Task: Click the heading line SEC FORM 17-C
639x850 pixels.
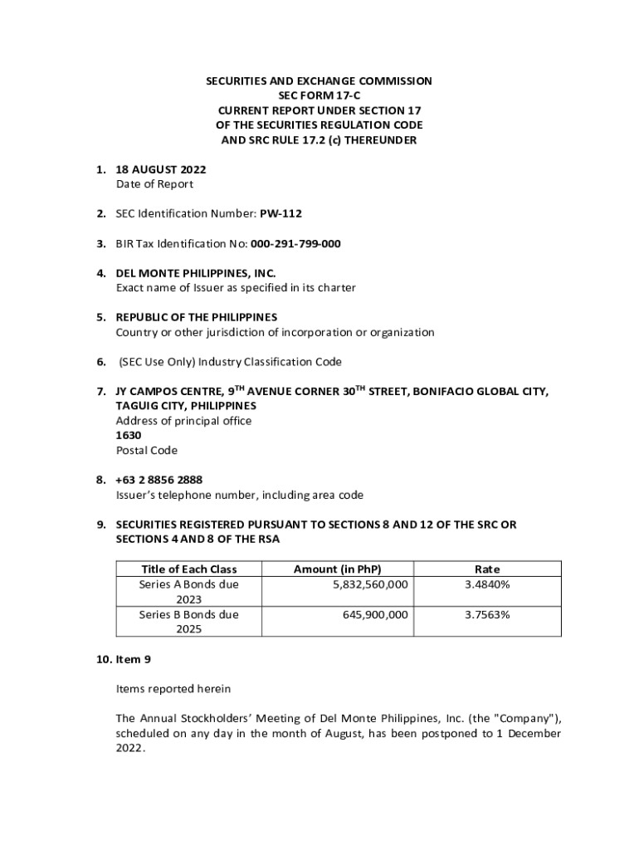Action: tap(319, 95)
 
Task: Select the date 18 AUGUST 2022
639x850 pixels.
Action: tap(161, 169)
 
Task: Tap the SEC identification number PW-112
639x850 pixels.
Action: tap(280, 213)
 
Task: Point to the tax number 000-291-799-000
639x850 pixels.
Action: tap(295, 243)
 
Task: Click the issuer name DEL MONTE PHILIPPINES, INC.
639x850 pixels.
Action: tap(196, 273)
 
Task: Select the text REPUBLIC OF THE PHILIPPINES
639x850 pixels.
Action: tap(197, 317)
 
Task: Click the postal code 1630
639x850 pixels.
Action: tap(129, 435)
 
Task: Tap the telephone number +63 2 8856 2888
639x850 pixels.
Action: tap(159, 480)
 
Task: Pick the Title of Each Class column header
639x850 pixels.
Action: tap(189, 569)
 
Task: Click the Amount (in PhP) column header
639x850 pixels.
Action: tap(342, 569)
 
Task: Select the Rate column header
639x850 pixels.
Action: tap(487, 569)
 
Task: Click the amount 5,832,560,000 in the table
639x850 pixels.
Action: tap(370, 584)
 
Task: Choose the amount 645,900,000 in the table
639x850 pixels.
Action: tap(375, 614)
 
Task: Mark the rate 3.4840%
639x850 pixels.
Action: tap(487, 584)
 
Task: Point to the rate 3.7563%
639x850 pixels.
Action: tap(487, 614)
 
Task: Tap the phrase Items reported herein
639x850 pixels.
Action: tap(173, 688)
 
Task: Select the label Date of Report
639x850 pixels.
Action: tap(154, 184)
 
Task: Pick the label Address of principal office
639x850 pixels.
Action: tap(183, 421)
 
